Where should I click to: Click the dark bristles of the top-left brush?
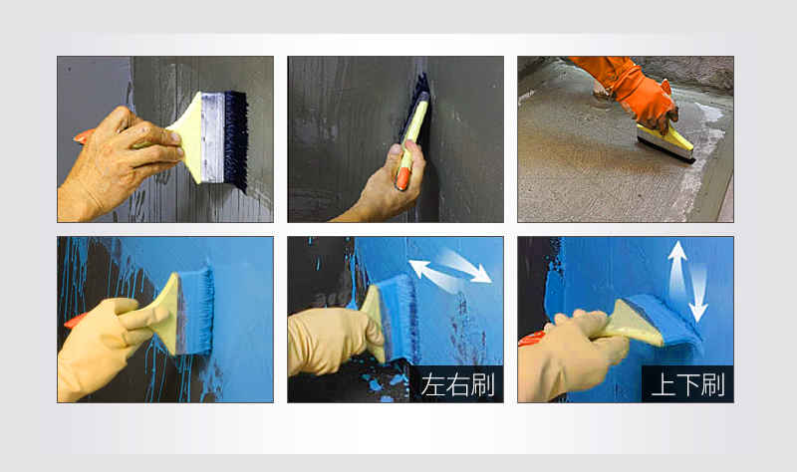(x=235, y=139)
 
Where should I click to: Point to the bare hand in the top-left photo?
(x=118, y=159)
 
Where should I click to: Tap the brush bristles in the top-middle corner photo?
(x=419, y=110)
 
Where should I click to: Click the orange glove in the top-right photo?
(x=638, y=90)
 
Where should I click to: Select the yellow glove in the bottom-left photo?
(x=105, y=344)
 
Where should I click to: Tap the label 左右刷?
(x=456, y=383)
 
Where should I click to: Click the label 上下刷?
(x=685, y=383)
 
